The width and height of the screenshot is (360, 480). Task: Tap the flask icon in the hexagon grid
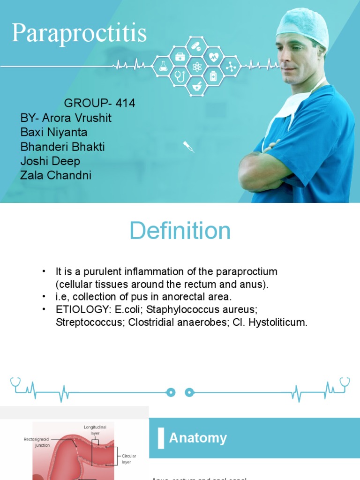tap(163, 67)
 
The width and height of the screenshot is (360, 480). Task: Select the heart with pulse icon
tap(214, 57)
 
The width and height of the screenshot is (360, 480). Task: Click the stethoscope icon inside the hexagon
tap(180, 76)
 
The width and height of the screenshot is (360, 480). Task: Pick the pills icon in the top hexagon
tap(196, 47)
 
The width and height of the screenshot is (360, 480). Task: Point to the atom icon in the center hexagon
tap(196, 67)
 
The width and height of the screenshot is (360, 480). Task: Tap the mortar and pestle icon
tap(196, 86)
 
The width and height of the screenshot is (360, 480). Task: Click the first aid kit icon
tap(180, 57)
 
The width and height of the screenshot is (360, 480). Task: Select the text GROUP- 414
tap(99, 103)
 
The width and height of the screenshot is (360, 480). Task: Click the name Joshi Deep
tap(50, 161)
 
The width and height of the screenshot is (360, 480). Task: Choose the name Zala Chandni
tap(56, 175)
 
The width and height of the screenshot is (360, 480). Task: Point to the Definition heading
tap(180, 231)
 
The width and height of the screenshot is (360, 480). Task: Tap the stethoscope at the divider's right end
tap(345, 384)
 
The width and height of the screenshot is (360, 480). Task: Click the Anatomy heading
tap(198, 438)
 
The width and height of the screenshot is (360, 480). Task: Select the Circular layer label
tap(127, 459)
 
